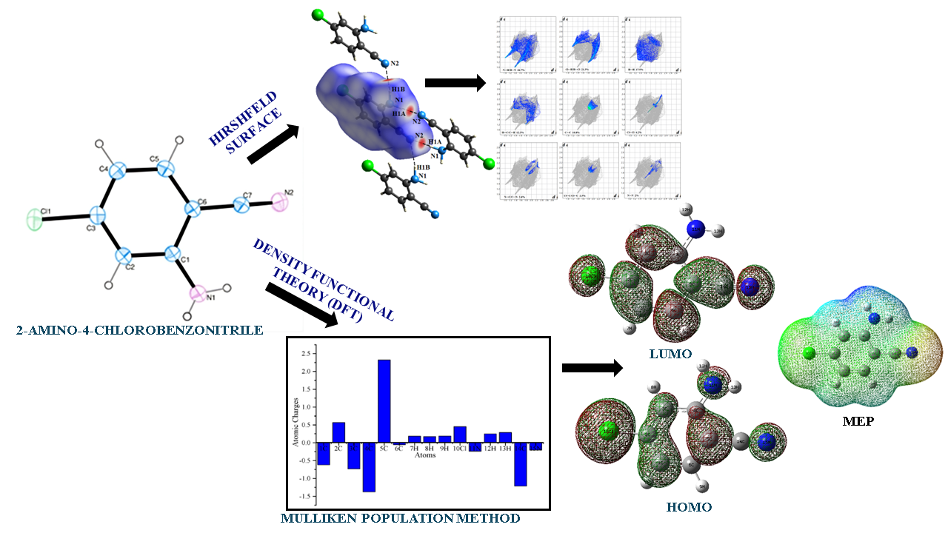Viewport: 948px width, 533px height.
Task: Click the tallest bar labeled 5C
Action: point(384,400)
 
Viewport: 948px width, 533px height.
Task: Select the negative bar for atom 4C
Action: point(368,466)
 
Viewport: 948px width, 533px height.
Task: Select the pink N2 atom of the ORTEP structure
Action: point(279,201)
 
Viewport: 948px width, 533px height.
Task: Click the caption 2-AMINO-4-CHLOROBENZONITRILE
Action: point(139,330)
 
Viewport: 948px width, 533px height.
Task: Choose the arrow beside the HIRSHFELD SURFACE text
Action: point(271,144)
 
